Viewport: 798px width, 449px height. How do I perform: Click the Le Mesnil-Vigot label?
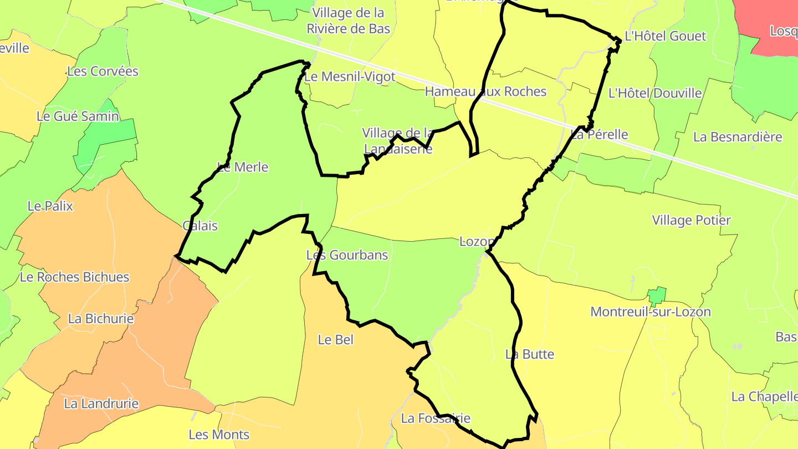click(x=350, y=76)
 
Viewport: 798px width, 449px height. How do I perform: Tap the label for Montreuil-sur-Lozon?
click(x=650, y=312)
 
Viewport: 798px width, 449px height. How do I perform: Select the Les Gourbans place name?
click(x=347, y=255)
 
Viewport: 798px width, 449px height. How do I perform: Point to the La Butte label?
click(x=529, y=354)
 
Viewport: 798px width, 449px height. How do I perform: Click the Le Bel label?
click(x=335, y=339)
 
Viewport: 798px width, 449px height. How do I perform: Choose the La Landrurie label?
click(x=101, y=404)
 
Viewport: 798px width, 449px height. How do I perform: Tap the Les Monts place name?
click(x=219, y=435)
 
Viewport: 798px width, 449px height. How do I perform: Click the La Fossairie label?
click(x=435, y=418)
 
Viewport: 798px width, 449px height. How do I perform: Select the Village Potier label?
click(x=691, y=220)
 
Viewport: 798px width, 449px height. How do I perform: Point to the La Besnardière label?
click(x=738, y=137)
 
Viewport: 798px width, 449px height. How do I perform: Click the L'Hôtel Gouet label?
click(x=665, y=37)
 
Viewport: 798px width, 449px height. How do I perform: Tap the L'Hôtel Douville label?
click(x=654, y=93)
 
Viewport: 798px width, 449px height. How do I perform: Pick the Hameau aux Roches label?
click(x=485, y=91)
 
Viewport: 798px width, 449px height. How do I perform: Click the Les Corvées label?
click(x=103, y=71)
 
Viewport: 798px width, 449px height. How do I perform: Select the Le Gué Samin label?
click(x=78, y=116)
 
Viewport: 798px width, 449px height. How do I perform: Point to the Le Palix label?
click(x=50, y=206)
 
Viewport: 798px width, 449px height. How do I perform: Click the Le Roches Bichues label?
click(x=74, y=277)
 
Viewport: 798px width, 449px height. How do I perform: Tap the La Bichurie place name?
click(x=101, y=319)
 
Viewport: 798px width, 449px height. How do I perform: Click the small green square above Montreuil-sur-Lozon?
click(x=657, y=296)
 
